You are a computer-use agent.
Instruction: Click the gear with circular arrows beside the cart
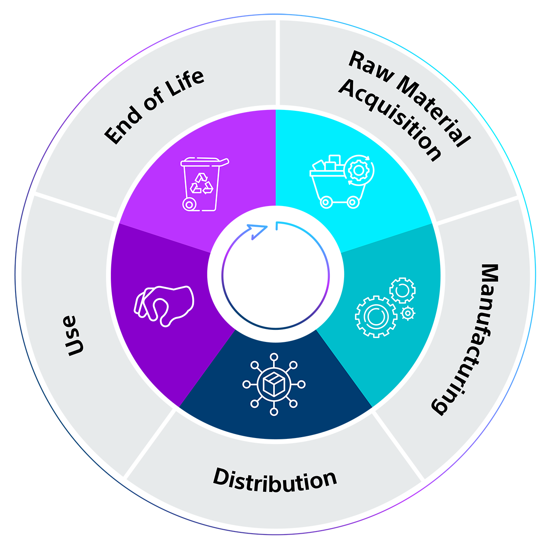coord(359,171)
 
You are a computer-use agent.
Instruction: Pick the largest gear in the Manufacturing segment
coord(375,316)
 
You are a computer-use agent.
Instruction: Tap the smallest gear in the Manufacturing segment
coord(407,312)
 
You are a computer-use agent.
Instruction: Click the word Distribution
coord(275,480)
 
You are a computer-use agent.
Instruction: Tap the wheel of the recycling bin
coord(189,204)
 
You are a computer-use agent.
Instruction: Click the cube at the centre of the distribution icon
coord(274,384)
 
